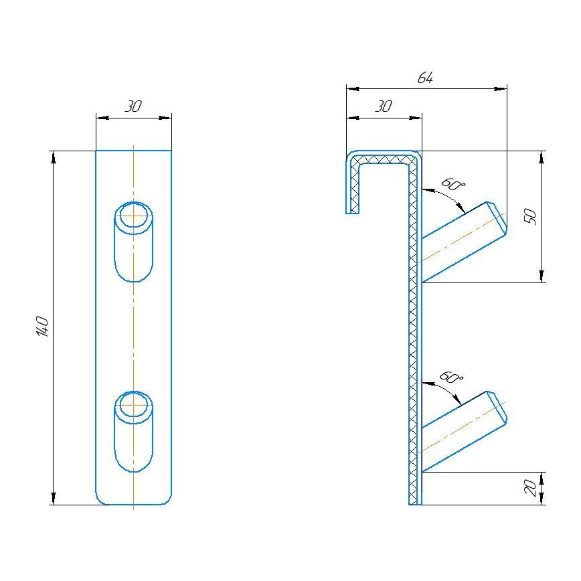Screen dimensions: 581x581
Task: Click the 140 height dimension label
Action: (41, 326)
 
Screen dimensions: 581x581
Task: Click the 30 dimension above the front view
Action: (134, 106)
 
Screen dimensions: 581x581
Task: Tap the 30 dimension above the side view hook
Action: (383, 106)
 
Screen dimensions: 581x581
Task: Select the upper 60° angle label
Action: (452, 185)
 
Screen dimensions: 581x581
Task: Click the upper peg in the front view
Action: (134, 241)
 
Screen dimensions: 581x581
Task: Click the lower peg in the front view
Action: (134, 432)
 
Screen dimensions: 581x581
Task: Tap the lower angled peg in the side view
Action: (462, 432)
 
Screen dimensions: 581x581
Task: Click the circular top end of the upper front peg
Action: (134, 215)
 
